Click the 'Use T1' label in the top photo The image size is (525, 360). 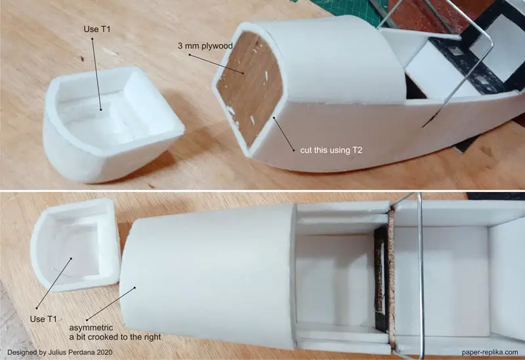coord(96,30)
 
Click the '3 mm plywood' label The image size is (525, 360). coord(205,46)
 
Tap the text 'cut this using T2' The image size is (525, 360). coord(331,150)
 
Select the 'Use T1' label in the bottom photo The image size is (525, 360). coord(43,319)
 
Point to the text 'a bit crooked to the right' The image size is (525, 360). coord(115,337)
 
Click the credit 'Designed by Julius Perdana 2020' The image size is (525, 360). coord(60,352)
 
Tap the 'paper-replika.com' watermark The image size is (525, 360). coord(490,352)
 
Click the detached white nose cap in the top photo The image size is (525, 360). coord(112,125)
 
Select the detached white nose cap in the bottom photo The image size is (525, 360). coord(75,244)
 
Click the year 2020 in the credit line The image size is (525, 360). coord(105,352)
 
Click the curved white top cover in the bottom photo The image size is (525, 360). coord(207,274)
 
